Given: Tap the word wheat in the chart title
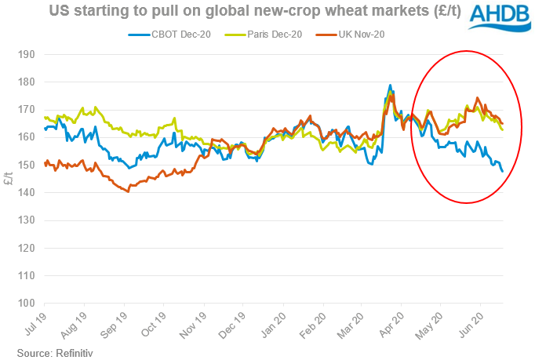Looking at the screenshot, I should point(340,12).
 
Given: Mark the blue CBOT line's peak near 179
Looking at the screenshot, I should point(390,85).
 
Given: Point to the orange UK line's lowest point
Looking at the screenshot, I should point(127,191).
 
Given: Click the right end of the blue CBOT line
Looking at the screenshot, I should point(502,171).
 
